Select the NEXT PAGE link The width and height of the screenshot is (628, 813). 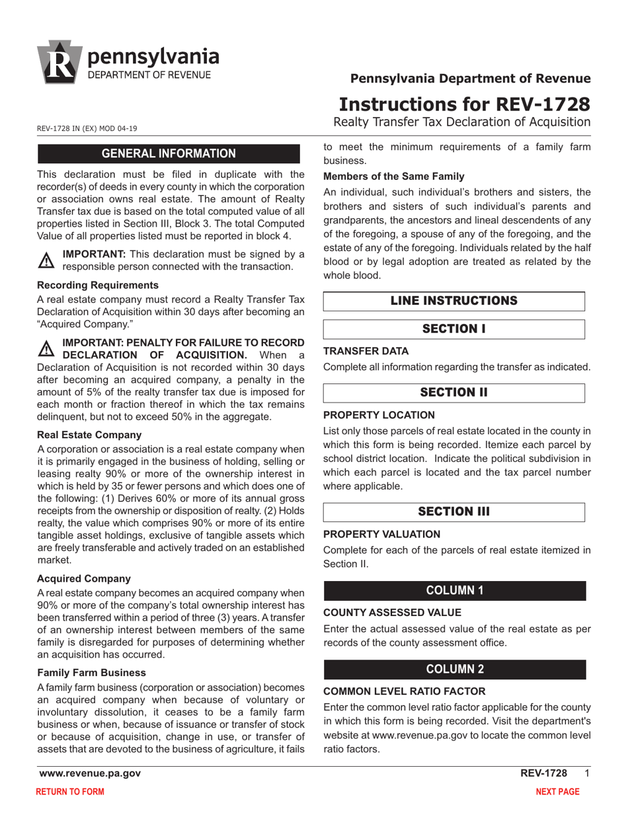[557, 792]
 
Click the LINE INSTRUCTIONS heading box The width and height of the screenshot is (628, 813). [453, 301]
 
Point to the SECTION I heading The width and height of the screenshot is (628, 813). [453, 329]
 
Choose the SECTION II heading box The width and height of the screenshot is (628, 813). [453, 393]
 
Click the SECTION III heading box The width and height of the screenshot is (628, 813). [453, 512]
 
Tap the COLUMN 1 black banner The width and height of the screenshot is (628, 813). [453, 591]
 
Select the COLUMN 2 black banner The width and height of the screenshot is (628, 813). [453, 669]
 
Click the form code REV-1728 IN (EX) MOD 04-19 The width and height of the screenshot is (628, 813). [87, 128]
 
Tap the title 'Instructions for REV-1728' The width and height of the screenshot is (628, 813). [464, 104]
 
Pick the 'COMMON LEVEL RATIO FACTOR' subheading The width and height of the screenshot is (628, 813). [404, 691]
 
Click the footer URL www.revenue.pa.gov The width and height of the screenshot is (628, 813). [90, 773]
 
